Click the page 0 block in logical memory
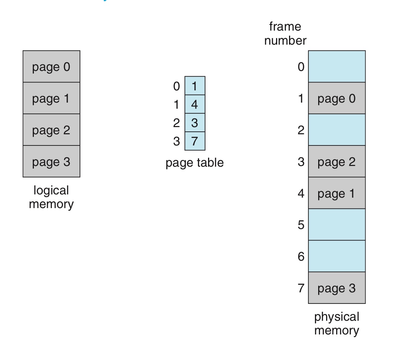coord(51,67)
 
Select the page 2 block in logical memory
coord(51,130)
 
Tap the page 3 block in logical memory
coord(51,162)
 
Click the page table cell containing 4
coord(195,104)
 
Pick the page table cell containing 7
coord(195,141)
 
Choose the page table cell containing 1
coord(195,86)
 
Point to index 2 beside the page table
coord(176,123)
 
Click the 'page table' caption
coord(194,163)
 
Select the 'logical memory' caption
coord(51,197)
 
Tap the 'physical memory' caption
coord(337,323)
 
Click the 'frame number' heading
coord(285,33)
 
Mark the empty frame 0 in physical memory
coord(337,67)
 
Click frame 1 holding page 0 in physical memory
coord(337,98)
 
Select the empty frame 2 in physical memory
coord(337,130)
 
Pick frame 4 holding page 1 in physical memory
coord(337,193)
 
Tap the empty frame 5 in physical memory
coord(337,225)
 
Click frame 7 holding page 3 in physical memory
coord(337,288)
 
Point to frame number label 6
coord(301,256)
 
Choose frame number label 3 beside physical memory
coord(301,162)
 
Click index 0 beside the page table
coord(176,86)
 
